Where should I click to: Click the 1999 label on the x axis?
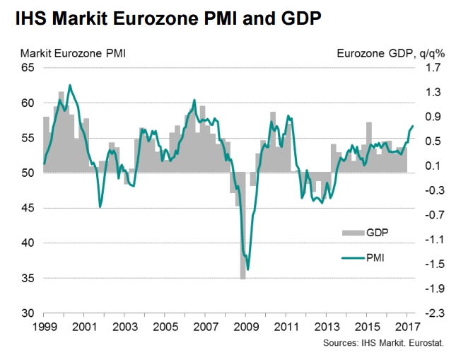point(43,328)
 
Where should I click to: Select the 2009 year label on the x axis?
point(246,328)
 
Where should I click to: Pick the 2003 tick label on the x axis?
point(124,328)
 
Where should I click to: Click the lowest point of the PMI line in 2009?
point(247,269)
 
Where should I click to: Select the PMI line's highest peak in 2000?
point(69,85)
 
